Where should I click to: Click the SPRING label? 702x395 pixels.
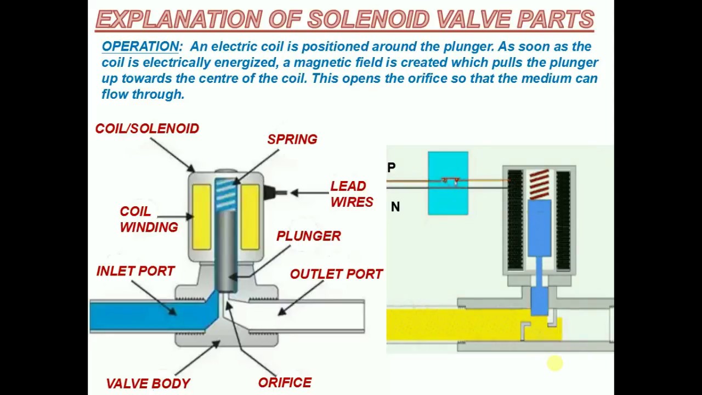292,139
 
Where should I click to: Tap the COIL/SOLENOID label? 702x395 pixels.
147,128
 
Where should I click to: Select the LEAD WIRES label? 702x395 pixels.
351,194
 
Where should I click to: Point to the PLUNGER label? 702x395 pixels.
308,236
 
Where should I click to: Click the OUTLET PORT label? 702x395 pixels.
336,274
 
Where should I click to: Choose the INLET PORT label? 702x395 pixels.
135,271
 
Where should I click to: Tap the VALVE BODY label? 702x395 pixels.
148,383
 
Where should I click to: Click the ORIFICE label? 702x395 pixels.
285,382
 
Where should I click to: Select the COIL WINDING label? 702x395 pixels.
148,219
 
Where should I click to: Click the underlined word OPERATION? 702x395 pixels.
140,47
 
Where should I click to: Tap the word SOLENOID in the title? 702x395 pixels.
368,20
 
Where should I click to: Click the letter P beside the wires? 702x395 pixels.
391,167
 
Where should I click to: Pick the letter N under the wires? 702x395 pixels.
395,207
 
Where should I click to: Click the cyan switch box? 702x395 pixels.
448,183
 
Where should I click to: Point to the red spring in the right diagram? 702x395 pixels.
539,184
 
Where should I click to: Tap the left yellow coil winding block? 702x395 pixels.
201,217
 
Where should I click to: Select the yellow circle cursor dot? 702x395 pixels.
554,363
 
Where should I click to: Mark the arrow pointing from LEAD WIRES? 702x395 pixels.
310,193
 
